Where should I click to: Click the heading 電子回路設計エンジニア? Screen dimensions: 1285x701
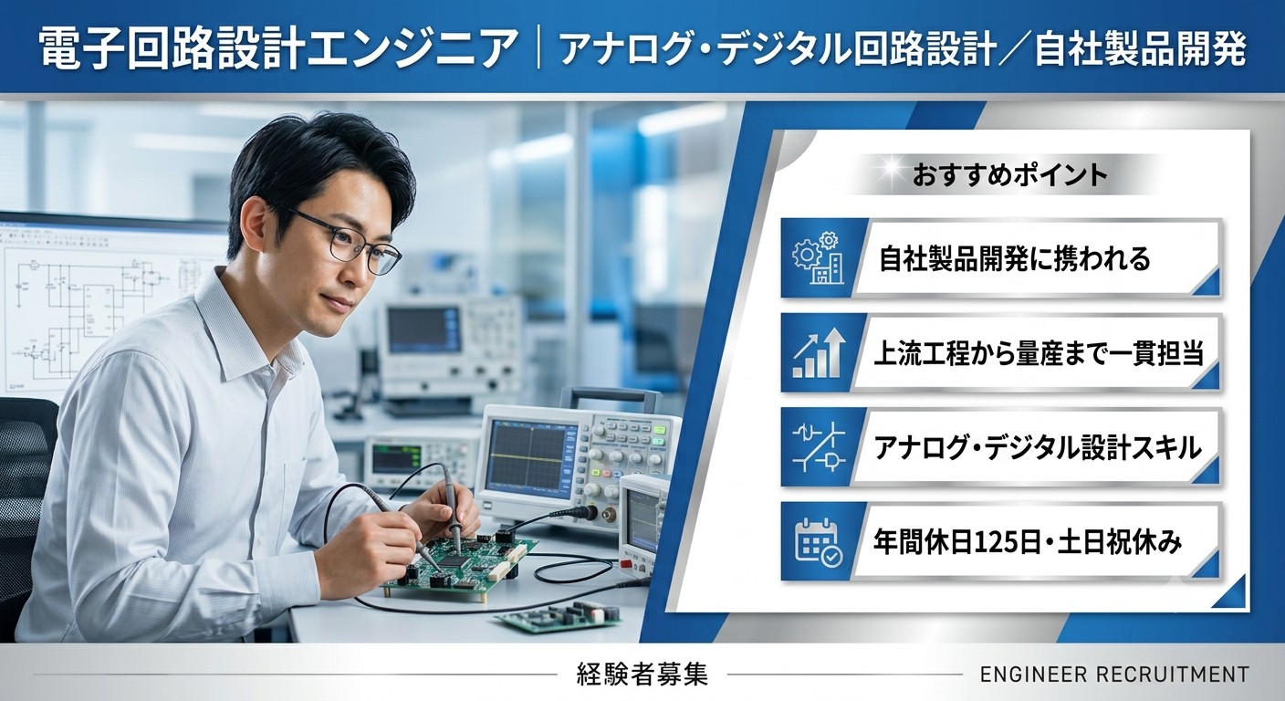[277, 50]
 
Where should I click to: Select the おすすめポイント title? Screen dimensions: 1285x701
[1009, 175]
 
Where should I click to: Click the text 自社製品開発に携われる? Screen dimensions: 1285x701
[1015, 258]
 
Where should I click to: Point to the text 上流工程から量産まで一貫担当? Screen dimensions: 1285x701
[1039, 353]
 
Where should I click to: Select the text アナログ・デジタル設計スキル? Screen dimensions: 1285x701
[1037, 447]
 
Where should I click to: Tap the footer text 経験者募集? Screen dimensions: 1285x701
[642, 674]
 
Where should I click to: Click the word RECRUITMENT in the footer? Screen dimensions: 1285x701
[1173, 674]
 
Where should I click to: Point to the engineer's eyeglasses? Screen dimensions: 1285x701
[346, 242]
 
